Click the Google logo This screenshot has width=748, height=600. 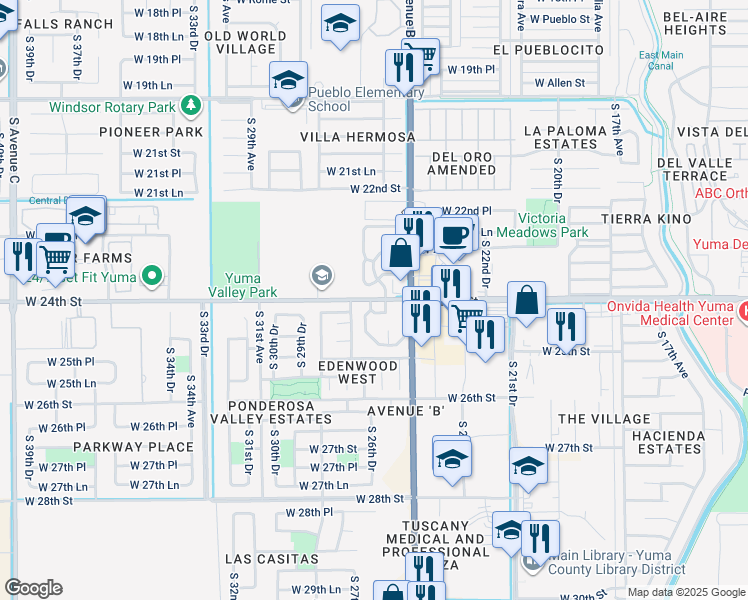click(33, 588)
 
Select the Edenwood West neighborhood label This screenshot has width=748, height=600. click(359, 373)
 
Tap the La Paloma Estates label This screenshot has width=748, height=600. click(565, 137)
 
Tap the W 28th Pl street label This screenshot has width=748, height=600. click(308, 512)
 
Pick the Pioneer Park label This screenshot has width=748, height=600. click(151, 132)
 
